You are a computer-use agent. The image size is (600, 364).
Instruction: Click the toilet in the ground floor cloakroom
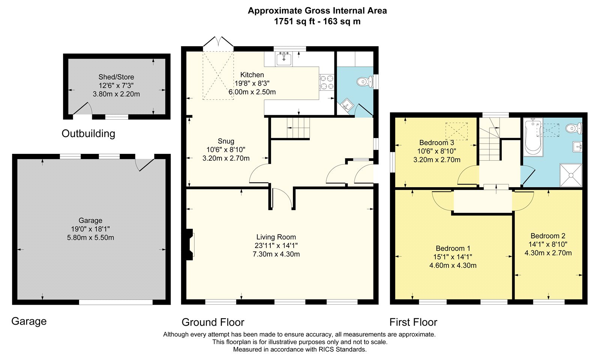click(365, 81)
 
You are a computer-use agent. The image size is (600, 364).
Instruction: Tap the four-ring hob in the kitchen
click(327, 82)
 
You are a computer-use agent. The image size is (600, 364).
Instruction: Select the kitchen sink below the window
click(283, 59)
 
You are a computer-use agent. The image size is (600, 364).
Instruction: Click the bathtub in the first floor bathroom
click(533, 137)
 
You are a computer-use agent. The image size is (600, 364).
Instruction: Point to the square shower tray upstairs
click(571, 175)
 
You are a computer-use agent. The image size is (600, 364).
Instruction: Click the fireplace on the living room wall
click(190, 244)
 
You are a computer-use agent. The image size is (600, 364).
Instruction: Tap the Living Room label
click(276, 237)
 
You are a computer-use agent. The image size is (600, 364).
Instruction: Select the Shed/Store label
click(116, 77)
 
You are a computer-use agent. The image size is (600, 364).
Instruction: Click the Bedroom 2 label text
click(548, 236)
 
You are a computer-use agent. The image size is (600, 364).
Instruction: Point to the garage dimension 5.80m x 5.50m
click(90, 238)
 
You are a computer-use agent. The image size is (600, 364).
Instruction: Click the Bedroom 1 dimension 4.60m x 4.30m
click(453, 265)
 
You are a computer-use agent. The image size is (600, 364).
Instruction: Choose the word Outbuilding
click(88, 134)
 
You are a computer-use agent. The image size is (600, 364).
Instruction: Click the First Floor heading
click(413, 322)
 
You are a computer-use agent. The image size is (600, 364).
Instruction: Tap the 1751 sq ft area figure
click(294, 21)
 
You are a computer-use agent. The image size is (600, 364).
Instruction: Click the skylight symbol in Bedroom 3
click(456, 131)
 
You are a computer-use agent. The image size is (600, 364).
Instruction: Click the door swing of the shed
click(83, 109)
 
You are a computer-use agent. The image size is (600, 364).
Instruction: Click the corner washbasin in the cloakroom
click(347, 105)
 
